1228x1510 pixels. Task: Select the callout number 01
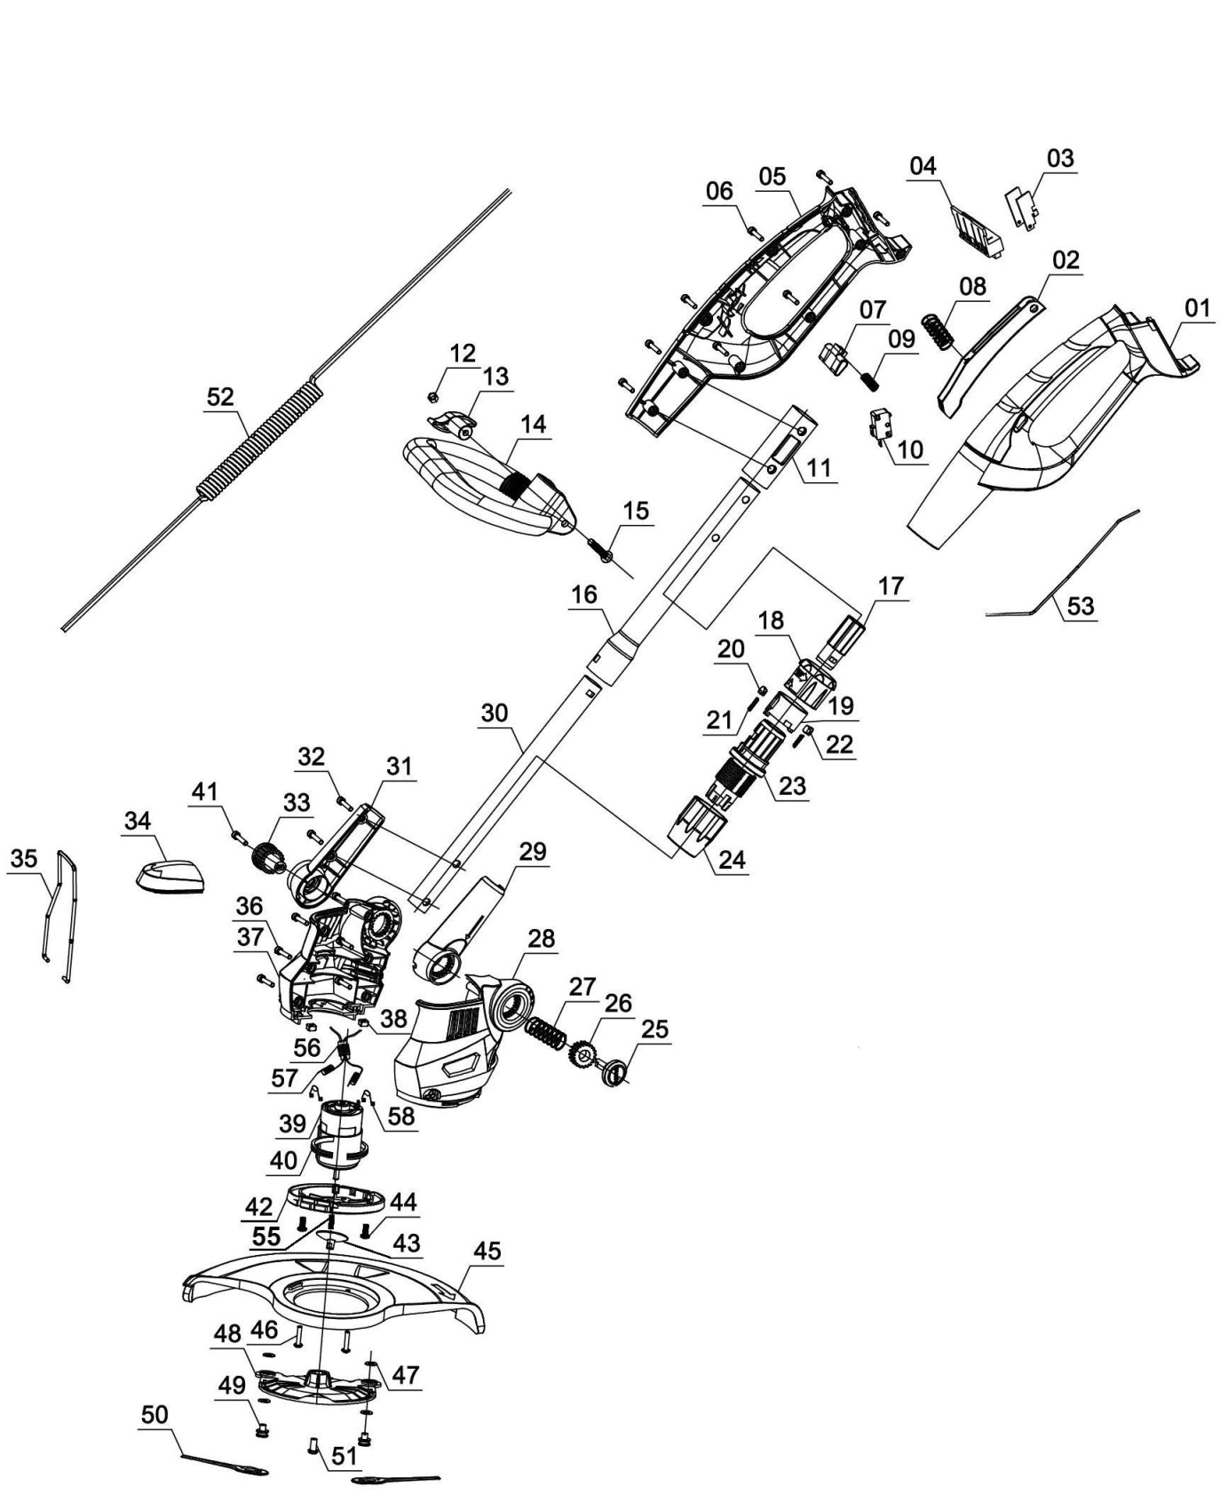[x=1197, y=309]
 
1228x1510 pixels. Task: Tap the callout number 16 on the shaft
[x=584, y=594]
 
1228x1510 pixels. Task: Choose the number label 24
[x=733, y=859]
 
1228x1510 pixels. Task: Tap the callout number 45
[x=487, y=1252]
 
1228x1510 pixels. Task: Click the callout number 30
[x=495, y=713]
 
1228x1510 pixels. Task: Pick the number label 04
[x=923, y=166]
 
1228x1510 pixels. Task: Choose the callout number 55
[x=266, y=1236]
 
